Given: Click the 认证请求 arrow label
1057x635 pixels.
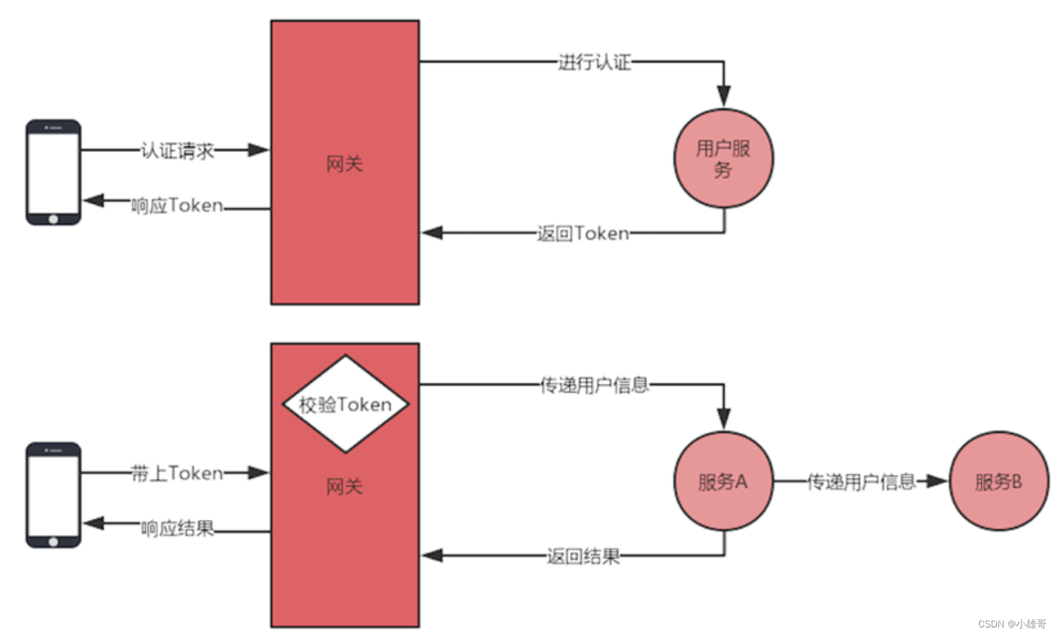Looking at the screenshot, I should coord(177,151).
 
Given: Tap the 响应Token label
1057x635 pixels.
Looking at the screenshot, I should coord(177,205).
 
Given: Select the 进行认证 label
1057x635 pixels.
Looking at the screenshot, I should coord(594,62).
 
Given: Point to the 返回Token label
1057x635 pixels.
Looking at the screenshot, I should coord(583,234).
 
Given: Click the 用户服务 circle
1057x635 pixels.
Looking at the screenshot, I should coord(724,158).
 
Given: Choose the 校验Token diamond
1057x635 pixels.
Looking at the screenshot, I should coord(345,404).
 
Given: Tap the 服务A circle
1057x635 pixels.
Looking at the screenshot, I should coord(724,482).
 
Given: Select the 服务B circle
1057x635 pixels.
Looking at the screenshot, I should coord(999,482).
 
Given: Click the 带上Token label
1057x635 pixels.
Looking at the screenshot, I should coord(177,474).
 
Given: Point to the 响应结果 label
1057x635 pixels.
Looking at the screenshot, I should coord(177,528).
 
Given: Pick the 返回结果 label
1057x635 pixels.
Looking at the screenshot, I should coord(583,556).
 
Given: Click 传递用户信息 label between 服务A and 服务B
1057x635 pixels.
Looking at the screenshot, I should coord(861,482).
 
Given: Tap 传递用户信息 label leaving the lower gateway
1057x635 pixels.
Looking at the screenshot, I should coord(594,385).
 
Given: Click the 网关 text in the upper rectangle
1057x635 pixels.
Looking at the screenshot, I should coord(344,164).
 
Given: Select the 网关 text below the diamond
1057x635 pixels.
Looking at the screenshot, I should coord(344,487).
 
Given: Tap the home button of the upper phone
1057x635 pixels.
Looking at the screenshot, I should coord(53,219).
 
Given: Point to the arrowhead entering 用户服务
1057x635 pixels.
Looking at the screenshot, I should coord(724,96).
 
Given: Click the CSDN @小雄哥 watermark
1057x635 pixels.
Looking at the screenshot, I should coord(1012,624).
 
